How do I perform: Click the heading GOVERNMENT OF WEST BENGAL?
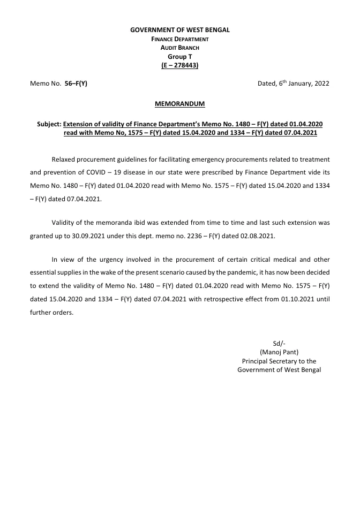(x=180, y=30)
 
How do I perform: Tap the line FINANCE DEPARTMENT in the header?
(x=180, y=39)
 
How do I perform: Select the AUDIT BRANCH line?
(x=180, y=48)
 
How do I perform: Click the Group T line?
(x=180, y=56)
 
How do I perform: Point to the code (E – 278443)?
(x=180, y=65)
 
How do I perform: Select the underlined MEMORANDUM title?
(x=180, y=104)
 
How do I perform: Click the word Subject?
(x=49, y=124)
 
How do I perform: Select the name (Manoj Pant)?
(x=279, y=352)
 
